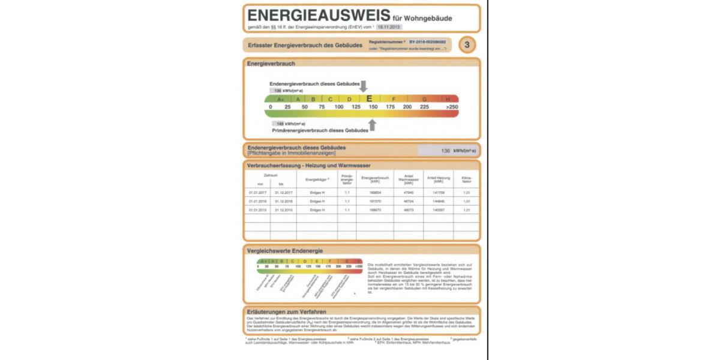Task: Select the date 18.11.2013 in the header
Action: [389, 27]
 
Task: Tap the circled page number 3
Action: [467, 44]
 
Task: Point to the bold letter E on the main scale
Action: [369, 98]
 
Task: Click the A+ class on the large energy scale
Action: [280, 98]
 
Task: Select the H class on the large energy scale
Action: [448, 98]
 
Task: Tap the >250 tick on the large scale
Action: [452, 107]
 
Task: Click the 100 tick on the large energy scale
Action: [338, 107]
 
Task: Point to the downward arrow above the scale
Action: [363, 86]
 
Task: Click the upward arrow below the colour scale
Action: [373, 125]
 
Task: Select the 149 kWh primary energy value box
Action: [280, 124]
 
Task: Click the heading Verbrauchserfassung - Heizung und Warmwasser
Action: [308, 166]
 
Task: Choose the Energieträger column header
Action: [317, 179]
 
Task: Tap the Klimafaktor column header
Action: [466, 179]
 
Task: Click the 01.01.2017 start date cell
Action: [257, 192]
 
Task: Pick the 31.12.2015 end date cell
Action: [283, 210]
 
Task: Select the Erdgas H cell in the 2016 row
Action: [317, 201]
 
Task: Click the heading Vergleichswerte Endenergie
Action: [285, 250]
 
